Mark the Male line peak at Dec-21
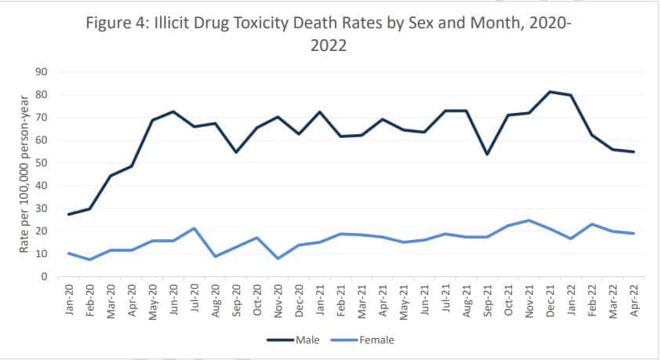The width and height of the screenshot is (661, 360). click(550, 92)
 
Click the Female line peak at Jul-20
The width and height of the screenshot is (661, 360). click(193, 228)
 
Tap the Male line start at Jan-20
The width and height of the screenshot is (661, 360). click(71, 214)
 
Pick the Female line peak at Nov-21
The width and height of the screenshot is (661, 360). click(529, 220)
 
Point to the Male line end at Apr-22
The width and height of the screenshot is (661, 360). click(633, 152)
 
